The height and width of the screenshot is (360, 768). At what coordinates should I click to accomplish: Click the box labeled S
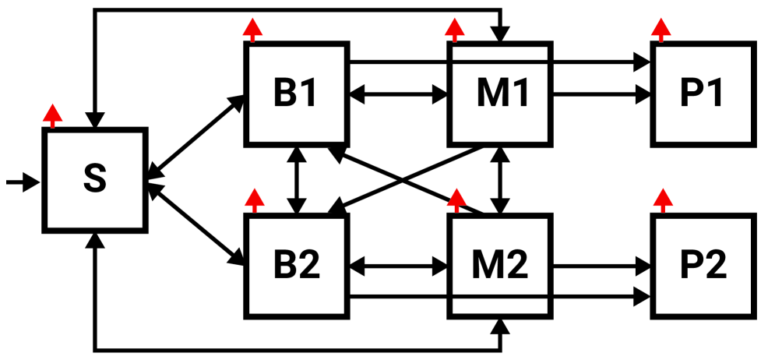[94, 180]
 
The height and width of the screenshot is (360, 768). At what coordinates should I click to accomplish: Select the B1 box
[295, 94]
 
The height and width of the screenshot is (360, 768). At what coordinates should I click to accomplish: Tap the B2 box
[295, 266]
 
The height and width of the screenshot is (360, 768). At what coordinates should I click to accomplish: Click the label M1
[502, 94]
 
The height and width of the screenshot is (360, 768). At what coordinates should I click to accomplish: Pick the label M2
[499, 266]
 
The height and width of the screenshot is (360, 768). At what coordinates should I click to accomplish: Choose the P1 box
[703, 94]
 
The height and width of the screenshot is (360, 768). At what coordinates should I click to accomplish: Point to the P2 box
[703, 266]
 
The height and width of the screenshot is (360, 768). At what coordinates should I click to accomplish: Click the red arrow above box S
[52, 116]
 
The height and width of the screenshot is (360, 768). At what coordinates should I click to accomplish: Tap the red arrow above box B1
[252, 30]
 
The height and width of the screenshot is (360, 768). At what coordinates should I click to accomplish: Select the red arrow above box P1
[661, 30]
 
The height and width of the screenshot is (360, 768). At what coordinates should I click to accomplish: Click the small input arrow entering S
[22, 182]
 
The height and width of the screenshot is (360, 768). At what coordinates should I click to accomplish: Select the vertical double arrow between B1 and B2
[296, 180]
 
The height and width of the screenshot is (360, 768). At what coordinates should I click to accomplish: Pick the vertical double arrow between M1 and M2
[499, 180]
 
